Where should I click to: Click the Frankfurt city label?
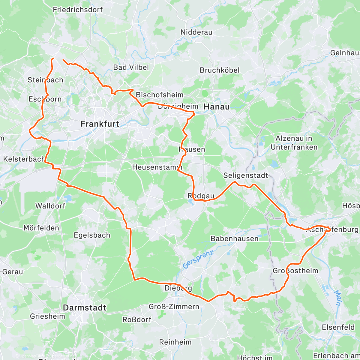pos(100,124)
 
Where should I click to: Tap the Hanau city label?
pos(217,107)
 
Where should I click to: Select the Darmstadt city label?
pos(85,308)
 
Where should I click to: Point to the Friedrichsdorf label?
pos(78,10)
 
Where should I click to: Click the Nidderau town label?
pos(196,32)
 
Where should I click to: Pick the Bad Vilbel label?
pos(131,67)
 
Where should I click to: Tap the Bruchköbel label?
pos(220,70)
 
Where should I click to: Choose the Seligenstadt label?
pos(246,175)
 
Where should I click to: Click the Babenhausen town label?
pos(234,239)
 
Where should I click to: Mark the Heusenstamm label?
pos(157,167)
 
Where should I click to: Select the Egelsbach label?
pos(92,235)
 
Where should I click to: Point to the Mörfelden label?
pos(41,228)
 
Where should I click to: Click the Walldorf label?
pos(50,206)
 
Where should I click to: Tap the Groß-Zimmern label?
pos(174,307)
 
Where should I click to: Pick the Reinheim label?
pos(175,342)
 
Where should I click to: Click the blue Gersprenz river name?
pos(198,259)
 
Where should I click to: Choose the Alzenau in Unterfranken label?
pos(294,143)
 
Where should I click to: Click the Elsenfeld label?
pos(338,327)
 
